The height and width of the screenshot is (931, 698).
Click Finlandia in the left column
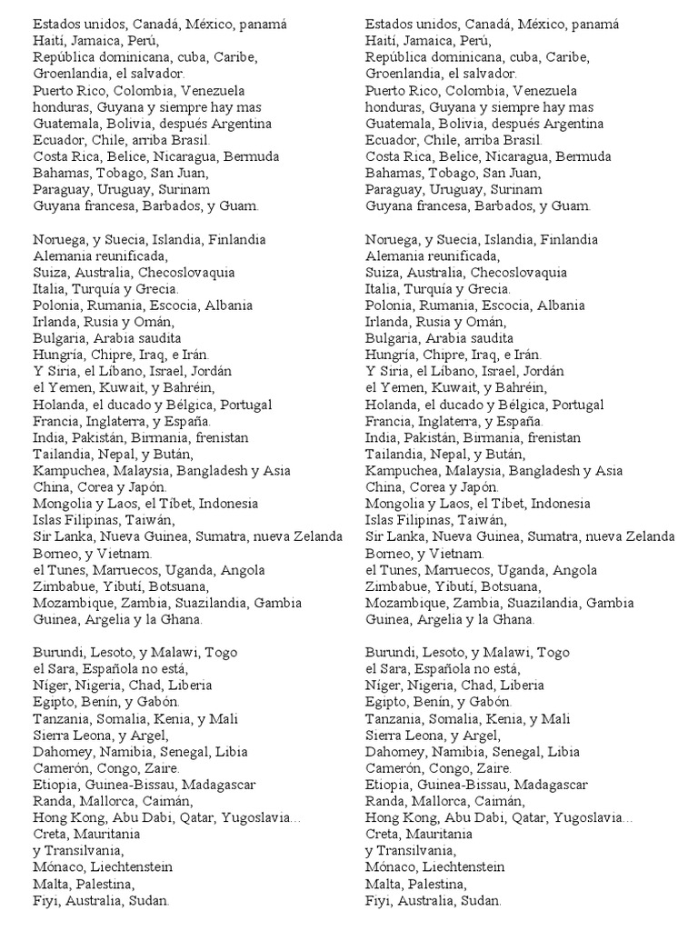tap(236, 240)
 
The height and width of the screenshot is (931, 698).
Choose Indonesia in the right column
tap(573, 504)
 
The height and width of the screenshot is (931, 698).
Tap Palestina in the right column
tap(435, 884)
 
